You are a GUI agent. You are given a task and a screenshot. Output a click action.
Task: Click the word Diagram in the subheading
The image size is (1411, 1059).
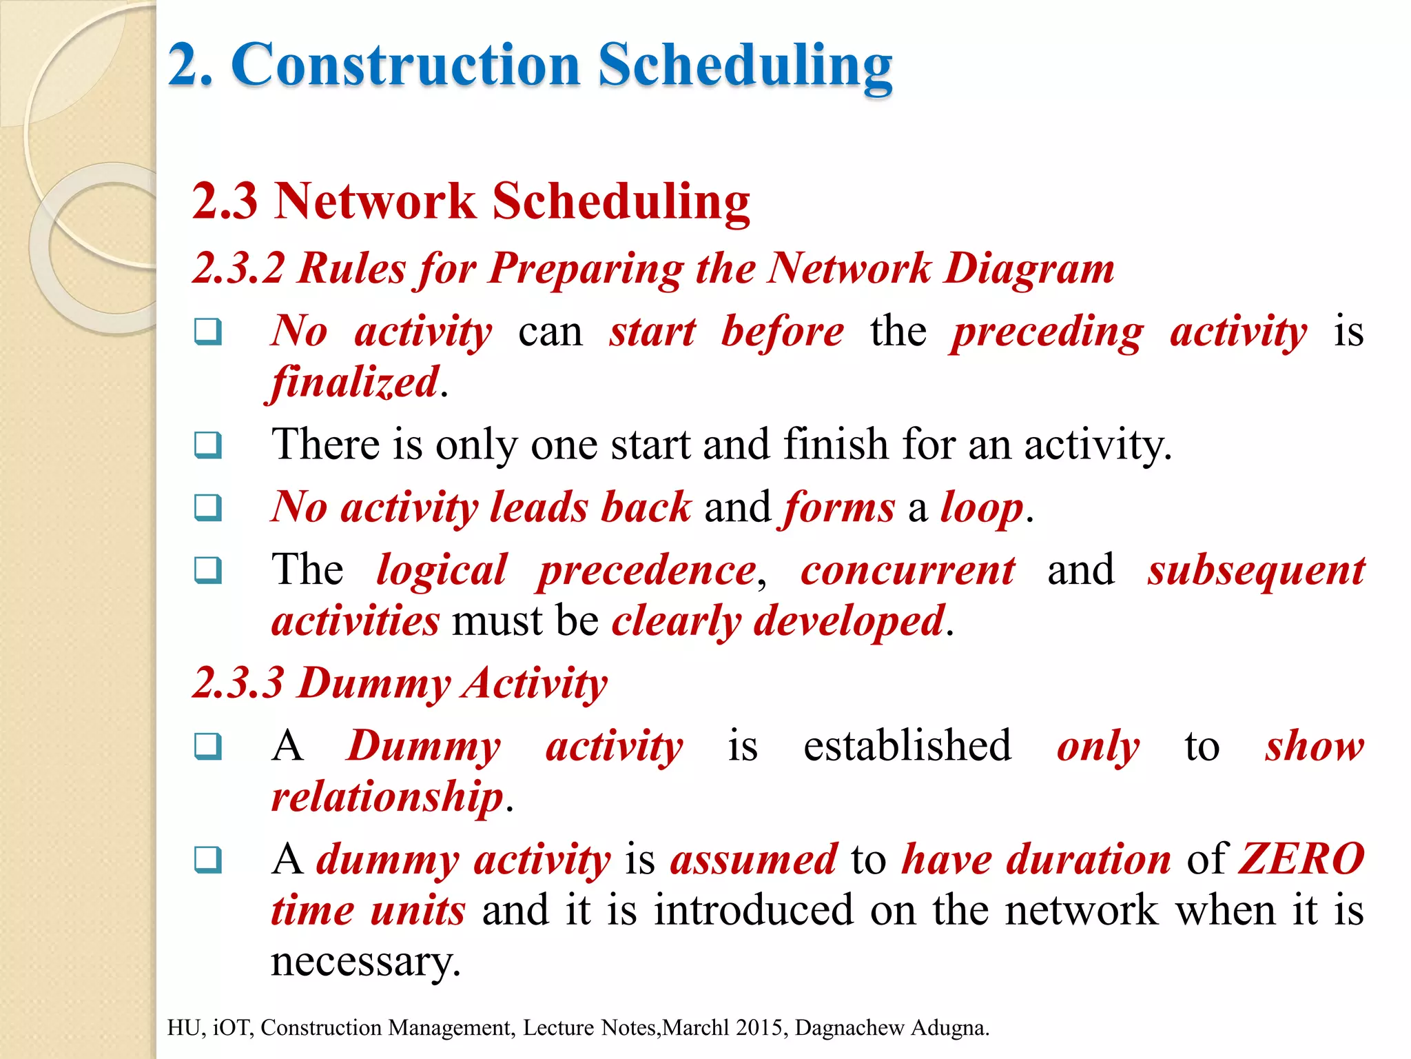point(1029,269)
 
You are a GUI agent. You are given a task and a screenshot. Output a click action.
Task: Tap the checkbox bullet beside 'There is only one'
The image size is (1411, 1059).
point(208,445)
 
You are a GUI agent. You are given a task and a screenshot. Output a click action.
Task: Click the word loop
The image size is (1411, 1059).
point(982,508)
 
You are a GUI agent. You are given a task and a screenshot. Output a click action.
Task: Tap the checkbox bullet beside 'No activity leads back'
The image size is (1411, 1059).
point(208,507)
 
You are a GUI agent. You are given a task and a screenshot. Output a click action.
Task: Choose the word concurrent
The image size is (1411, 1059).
point(907,571)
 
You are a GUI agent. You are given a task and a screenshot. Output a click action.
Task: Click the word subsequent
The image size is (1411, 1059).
point(1256,571)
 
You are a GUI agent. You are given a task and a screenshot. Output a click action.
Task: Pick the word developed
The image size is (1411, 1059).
point(849,621)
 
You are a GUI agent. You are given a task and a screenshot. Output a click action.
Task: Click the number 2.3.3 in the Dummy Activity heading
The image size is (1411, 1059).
point(238,683)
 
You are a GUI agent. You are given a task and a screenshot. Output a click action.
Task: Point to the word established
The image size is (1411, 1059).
point(907,746)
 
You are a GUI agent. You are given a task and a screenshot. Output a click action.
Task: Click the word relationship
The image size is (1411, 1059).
point(387,797)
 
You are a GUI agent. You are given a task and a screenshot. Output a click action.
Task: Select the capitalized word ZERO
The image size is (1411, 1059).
point(1301,859)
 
